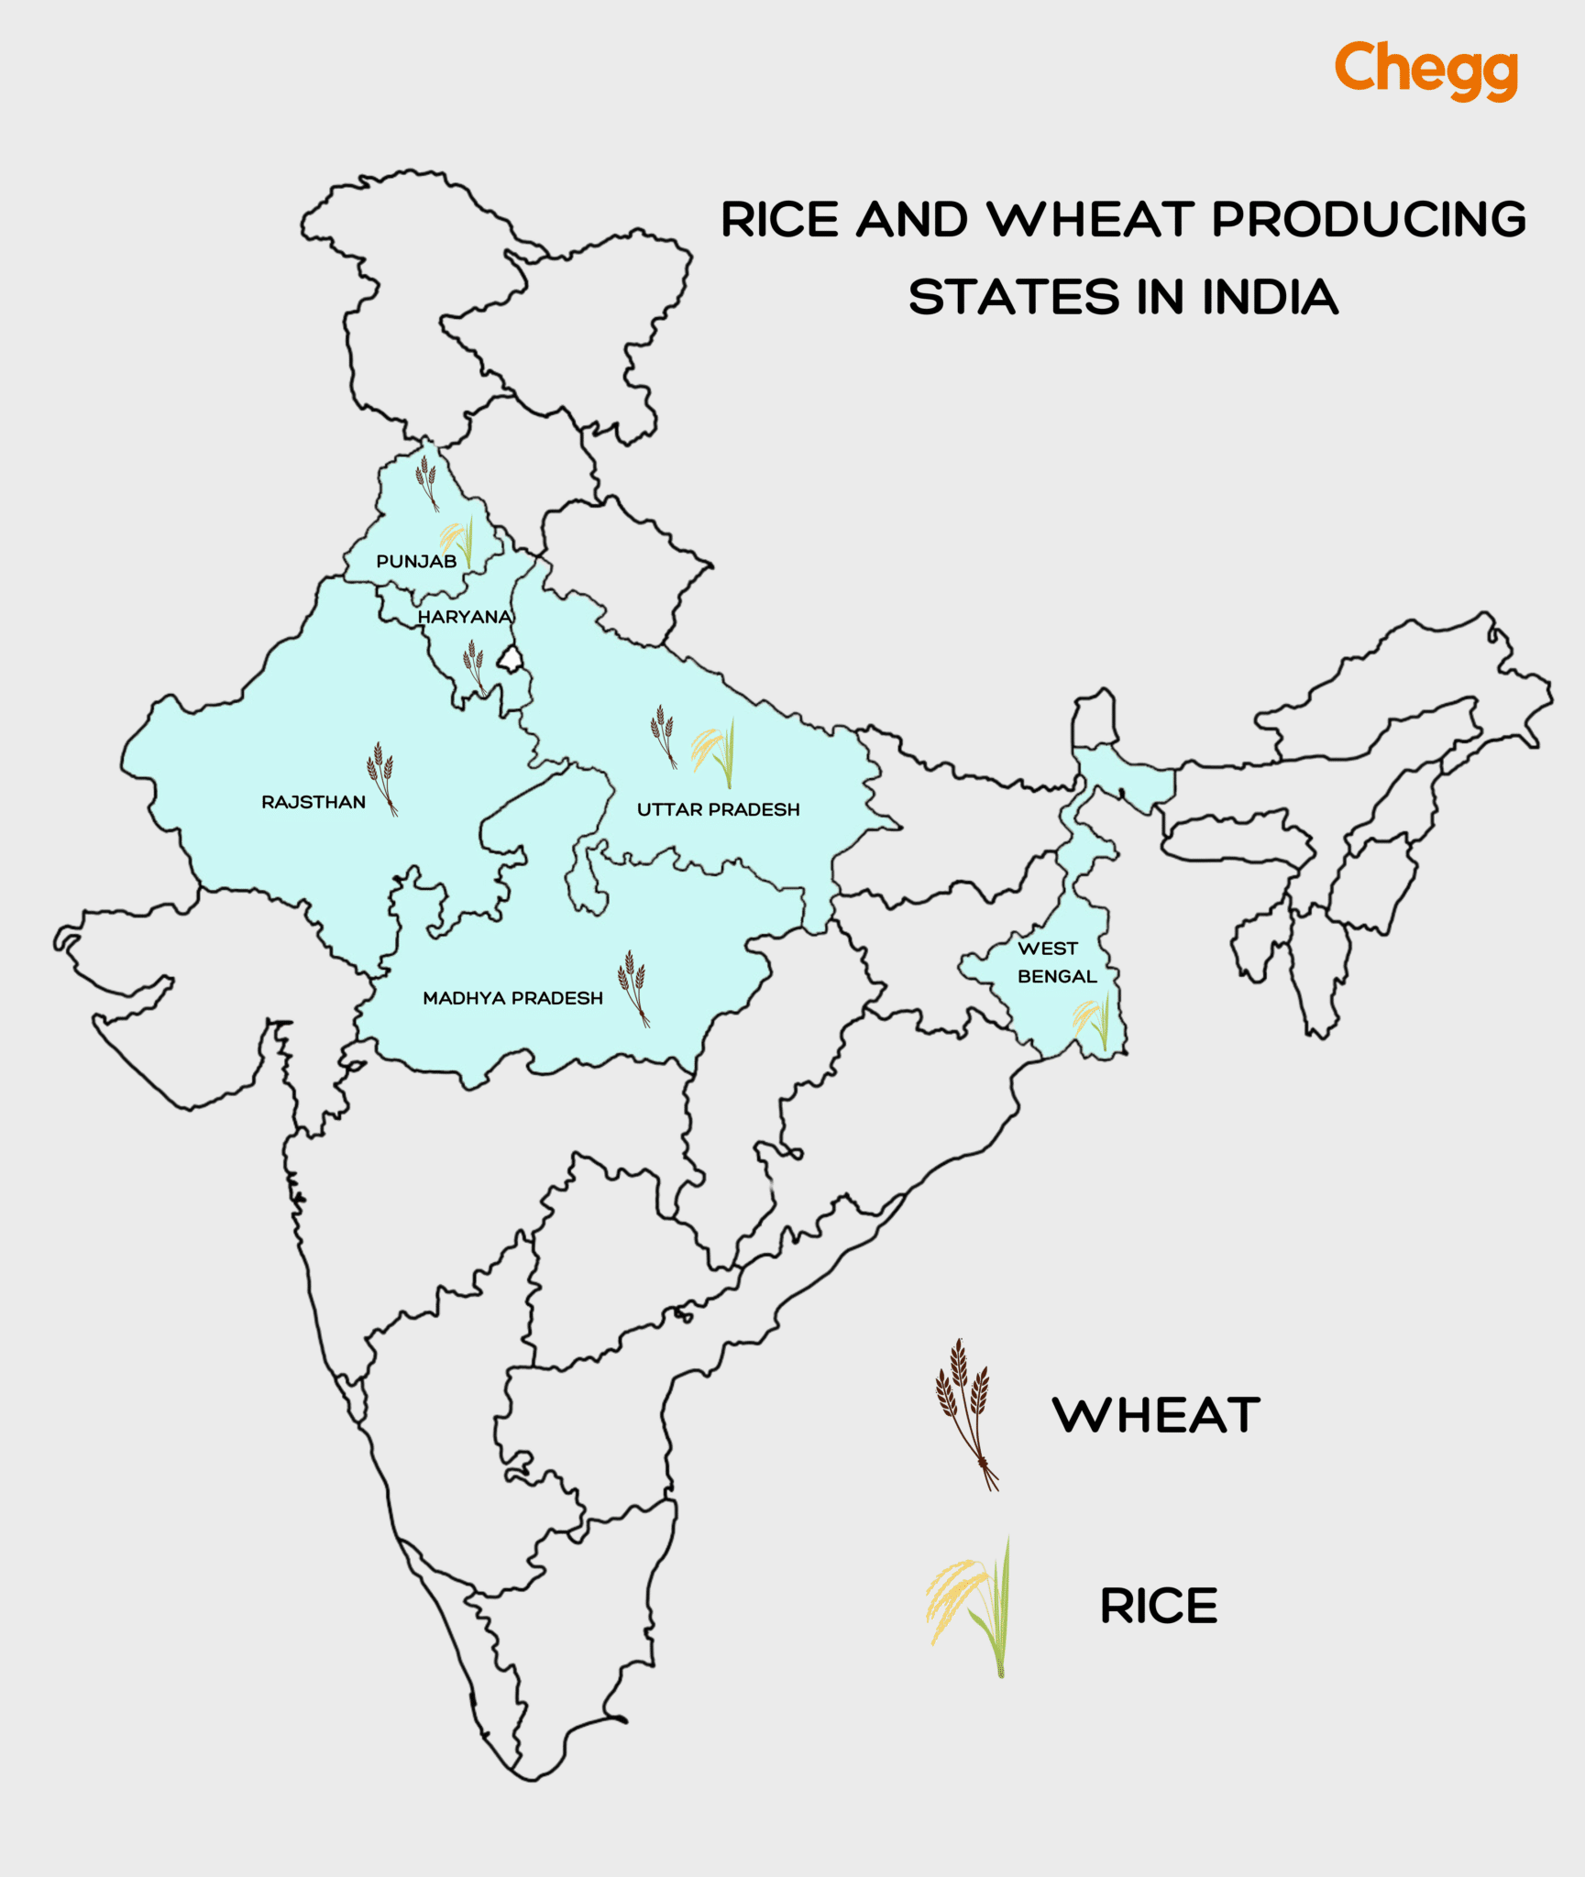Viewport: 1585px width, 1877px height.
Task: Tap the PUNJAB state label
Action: [x=416, y=561]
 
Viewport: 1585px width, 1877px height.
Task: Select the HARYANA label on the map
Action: [x=464, y=617]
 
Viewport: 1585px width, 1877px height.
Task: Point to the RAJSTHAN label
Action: [x=314, y=802]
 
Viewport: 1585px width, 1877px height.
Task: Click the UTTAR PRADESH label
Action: [x=718, y=809]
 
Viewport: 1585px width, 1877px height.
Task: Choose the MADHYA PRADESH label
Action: [x=512, y=997]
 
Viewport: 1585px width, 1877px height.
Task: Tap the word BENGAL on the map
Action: [x=1057, y=976]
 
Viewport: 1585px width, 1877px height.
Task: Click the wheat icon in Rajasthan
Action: [x=381, y=777]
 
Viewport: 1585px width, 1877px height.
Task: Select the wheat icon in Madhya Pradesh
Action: [x=633, y=987]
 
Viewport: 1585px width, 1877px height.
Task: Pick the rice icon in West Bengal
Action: [x=1093, y=1021]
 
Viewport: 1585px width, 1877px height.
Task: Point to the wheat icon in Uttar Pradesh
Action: [x=663, y=736]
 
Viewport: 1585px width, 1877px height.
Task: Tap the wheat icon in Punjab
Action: [x=426, y=482]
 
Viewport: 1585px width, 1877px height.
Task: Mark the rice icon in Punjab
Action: [x=457, y=540]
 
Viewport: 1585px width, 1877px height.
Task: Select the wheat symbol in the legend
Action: [x=965, y=1414]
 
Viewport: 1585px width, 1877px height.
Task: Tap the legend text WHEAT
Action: [x=1156, y=1415]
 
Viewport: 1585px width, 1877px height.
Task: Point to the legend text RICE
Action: [x=1159, y=1606]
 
